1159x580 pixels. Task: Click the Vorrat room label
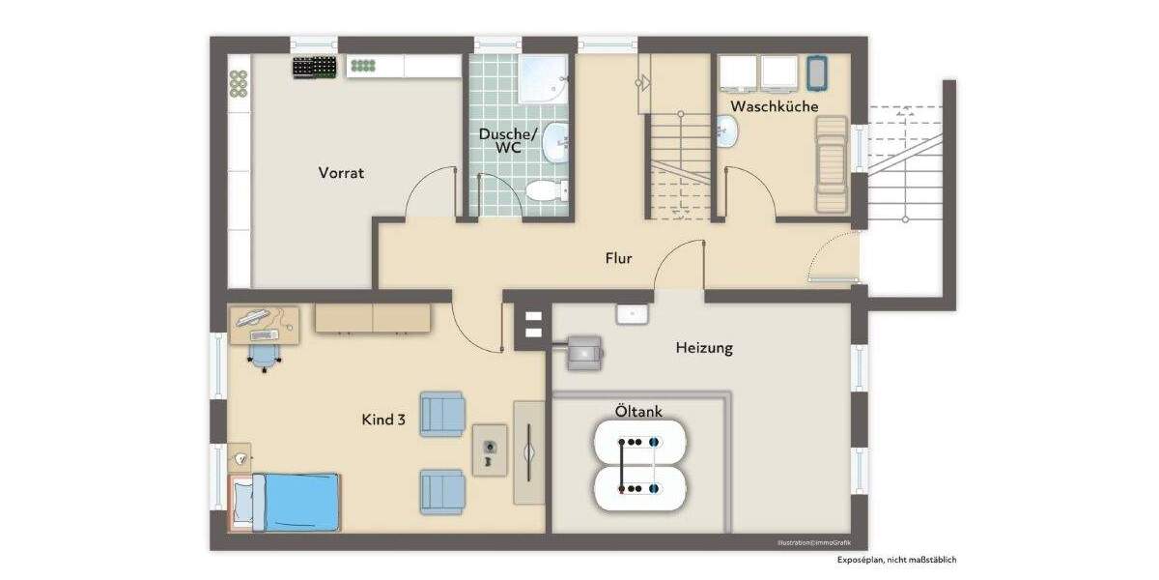click(x=341, y=173)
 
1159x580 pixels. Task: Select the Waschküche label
click(x=774, y=106)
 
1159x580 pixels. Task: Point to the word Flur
click(x=618, y=258)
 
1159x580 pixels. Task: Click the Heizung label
click(x=703, y=348)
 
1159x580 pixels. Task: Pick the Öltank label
click(x=638, y=412)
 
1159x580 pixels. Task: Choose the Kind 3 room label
click(x=383, y=420)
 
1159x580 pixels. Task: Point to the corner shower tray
click(x=543, y=77)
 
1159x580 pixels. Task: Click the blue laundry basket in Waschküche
click(x=818, y=73)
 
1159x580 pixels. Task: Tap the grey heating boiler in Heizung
click(x=583, y=352)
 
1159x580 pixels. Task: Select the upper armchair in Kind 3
click(x=442, y=414)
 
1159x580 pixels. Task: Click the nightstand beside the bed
click(x=238, y=456)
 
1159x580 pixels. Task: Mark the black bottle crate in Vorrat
click(x=316, y=67)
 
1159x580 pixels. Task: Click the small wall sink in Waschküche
click(x=727, y=130)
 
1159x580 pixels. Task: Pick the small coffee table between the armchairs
click(x=490, y=449)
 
